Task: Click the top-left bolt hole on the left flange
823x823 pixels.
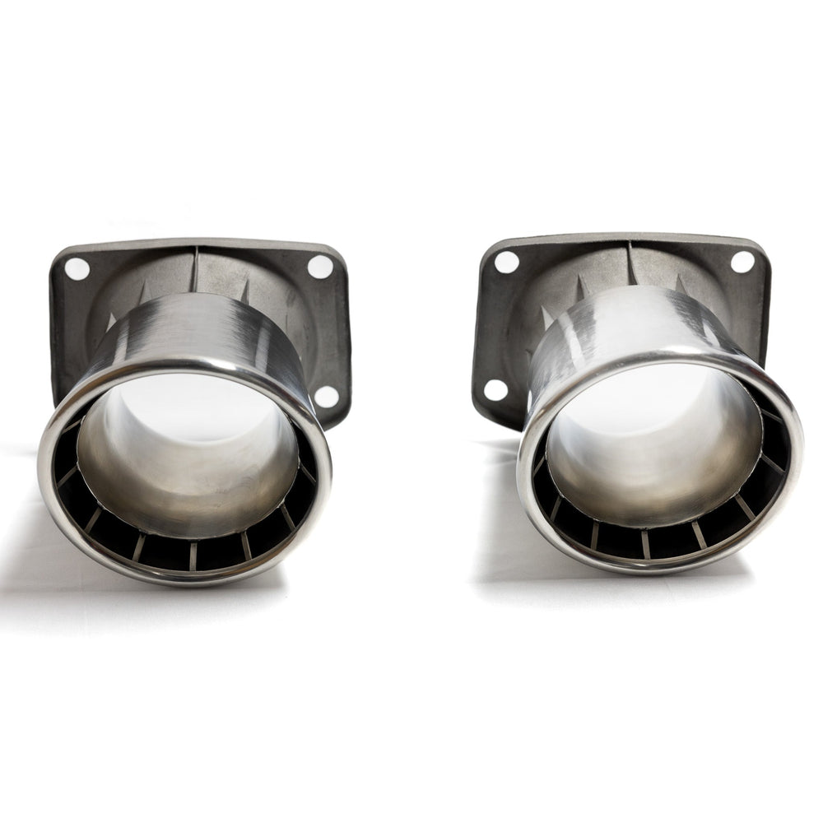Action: [77, 268]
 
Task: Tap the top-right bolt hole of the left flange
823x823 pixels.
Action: [319, 266]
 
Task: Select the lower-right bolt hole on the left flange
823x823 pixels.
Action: [327, 397]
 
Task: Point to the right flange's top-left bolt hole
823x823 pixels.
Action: [507, 262]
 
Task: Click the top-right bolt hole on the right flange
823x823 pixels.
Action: [742, 261]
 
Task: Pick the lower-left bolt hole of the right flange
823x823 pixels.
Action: [495, 390]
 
